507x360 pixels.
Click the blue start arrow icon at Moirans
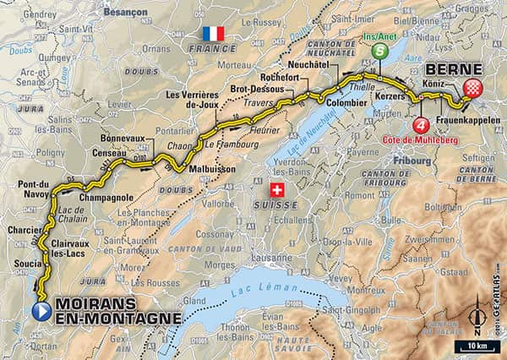coord(42,311)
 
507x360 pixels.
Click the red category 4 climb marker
coord(420,127)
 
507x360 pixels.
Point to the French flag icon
coord(214,33)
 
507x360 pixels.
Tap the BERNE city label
coord(453,69)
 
